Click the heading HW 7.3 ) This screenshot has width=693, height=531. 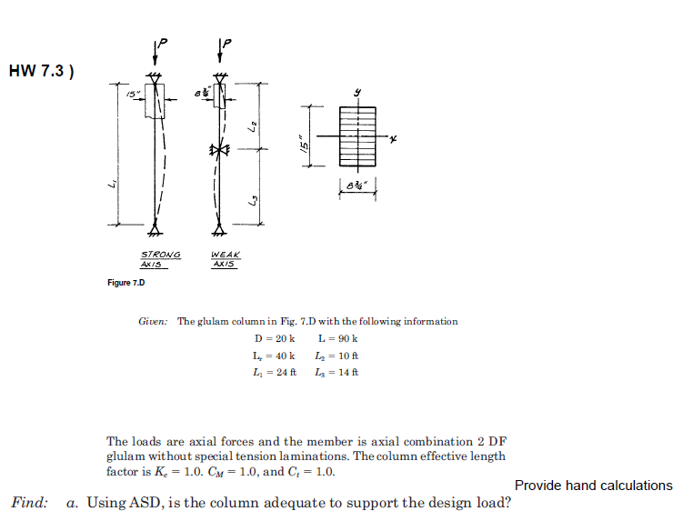click(x=41, y=71)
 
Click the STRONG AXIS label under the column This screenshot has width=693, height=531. click(x=160, y=259)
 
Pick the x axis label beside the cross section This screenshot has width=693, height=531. click(x=394, y=139)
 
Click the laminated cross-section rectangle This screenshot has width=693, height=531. click(x=357, y=137)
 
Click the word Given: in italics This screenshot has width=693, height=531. click(x=154, y=322)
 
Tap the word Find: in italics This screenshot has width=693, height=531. click(x=29, y=503)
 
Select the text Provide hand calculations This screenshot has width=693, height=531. click(x=593, y=486)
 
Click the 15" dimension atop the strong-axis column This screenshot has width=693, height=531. click(x=134, y=94)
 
